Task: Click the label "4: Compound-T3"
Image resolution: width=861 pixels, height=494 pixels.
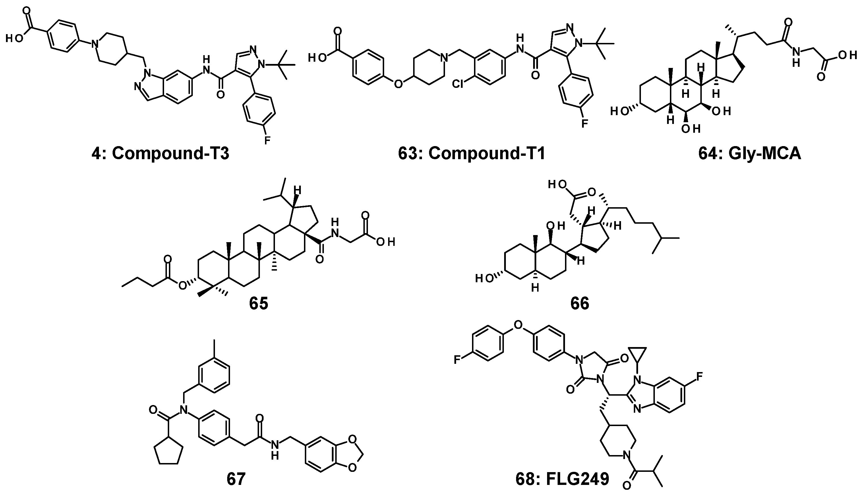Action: [160, 153]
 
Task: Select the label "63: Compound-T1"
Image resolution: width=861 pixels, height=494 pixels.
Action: [472, 153]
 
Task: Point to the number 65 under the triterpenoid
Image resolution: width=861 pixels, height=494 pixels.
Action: [258, 303]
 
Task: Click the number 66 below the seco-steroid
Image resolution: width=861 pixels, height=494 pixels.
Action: [580, 303]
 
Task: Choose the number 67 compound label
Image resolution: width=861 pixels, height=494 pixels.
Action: [236, 479]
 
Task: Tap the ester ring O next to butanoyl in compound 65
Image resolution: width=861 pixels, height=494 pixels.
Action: [183, 286]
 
